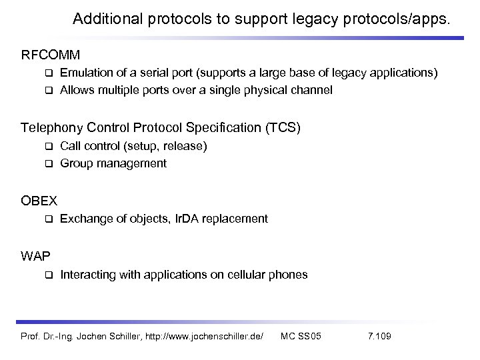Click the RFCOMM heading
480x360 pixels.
[x=51, y=53]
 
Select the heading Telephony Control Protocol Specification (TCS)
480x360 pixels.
[x=161, y=127]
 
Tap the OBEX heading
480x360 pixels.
[x=39, y=201]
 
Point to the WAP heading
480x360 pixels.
[x=35, y=256]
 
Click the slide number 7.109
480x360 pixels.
[x=379, y=334]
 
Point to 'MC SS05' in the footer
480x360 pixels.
[x=301, y=334]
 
